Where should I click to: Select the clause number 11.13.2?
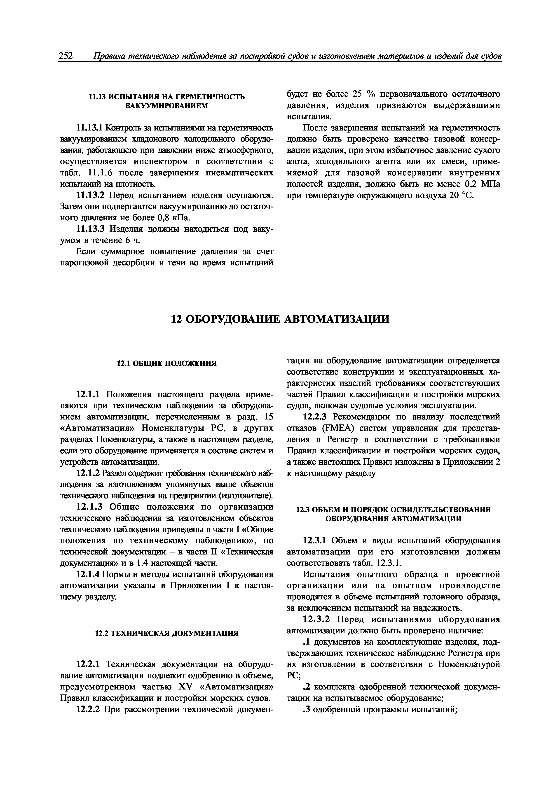click(90, 196)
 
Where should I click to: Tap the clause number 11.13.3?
click(90, 229)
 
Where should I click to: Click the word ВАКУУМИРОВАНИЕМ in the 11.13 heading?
click(167, 106)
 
